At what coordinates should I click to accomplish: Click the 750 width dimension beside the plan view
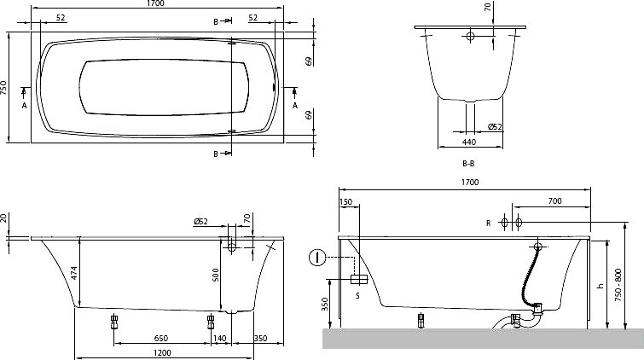tap(3, 88)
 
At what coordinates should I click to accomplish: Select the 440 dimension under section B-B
tap(469, 142)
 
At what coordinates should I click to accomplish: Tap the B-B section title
tap(468, 164)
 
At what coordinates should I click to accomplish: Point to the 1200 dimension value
tap(163, 352)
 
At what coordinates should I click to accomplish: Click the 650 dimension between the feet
tap(161, 339)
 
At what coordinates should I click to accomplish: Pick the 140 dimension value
tap(220, 339)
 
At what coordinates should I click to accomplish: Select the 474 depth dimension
tap(74, 273)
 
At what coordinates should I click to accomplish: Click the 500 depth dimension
tap(216, 275)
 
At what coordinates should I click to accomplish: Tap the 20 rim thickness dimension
tap(3, 218)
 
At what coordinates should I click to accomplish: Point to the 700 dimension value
tap(555, 201)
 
